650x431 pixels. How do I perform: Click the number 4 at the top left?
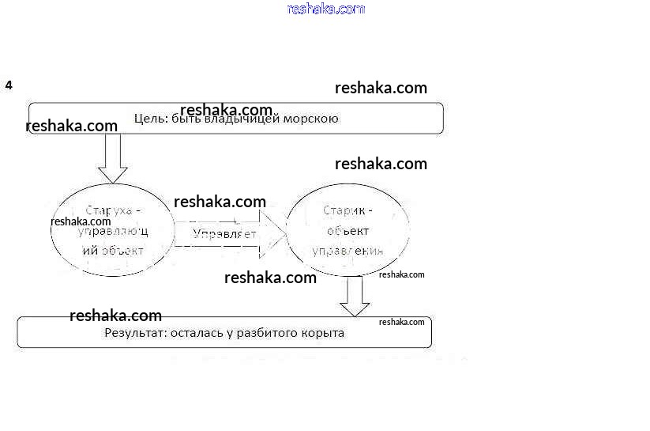9,85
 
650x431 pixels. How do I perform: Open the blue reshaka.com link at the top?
326,9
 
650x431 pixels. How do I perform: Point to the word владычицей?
239,119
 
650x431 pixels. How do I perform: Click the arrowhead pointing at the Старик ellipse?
272,234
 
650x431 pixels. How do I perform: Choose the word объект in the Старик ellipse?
348,231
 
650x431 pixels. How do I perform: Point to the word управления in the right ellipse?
348,251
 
